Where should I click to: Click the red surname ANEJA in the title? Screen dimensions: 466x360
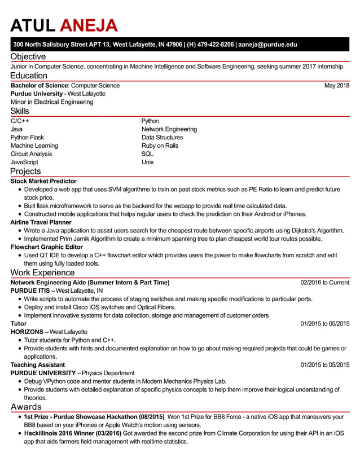(x=89, y=25)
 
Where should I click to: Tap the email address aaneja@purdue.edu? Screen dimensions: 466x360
(x=267, y=45)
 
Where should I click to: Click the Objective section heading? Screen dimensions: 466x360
(x=28, y=56)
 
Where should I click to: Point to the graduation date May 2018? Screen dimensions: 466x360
(x=336, y=86)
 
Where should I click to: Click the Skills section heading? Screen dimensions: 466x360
(x=20, y=111)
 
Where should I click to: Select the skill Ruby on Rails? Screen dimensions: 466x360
(x=160, y=146)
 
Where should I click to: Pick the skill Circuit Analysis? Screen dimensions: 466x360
(x=31, y=154)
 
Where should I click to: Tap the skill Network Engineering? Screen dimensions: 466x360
(x=169, y=129)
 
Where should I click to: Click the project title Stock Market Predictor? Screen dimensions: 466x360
(x=43, y=181)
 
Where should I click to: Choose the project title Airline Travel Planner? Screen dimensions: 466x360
(x=41, y=222)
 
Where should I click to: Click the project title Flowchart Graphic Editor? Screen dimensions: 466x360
(x=47, y=247)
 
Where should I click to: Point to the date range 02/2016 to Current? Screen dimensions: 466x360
(x=324, y=283)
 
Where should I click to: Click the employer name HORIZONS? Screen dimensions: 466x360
(x=27, y=332)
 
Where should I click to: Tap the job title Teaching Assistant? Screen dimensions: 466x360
(x=38, y=365)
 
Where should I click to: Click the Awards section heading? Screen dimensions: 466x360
(x=26, y=407)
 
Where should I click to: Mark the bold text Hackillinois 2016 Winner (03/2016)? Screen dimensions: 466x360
(x=72, y=433)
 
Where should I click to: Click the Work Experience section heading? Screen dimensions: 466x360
(x=42, y=272)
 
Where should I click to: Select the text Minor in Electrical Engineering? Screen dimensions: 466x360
(x=52, y=102)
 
